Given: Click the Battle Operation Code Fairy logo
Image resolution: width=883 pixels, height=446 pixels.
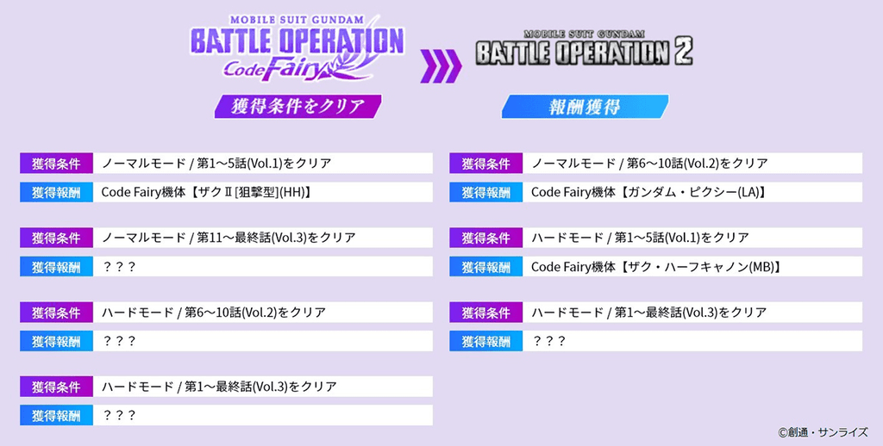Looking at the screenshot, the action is click(x=297, y=48).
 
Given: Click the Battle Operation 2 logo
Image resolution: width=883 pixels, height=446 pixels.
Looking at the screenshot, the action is click(x=584, y=48).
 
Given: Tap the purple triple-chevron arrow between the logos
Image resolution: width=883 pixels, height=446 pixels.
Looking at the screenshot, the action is click(x=441, y=65).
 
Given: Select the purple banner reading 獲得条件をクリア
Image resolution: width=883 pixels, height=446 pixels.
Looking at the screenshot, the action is click(x=297, y=106).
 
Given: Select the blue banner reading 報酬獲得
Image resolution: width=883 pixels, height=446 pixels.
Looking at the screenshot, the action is click(x=585, y=106).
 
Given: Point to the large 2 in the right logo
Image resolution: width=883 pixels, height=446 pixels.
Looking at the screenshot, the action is click(x=683, y=52).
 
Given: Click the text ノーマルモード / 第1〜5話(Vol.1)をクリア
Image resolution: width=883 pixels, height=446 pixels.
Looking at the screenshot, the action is click(x=216, y=164).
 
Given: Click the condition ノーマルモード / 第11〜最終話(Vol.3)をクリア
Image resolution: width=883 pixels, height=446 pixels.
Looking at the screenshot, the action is click(x=229, y=238).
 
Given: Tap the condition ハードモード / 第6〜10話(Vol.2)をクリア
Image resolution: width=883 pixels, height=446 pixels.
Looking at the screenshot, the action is click(x=214, y=313).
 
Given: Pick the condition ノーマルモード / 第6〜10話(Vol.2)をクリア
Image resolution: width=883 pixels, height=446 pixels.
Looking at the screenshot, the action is click(x=649, y=164).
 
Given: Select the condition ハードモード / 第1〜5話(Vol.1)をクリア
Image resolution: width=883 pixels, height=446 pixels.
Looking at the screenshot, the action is click(x=641, y=238).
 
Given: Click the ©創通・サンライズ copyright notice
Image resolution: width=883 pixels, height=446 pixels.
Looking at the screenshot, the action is click(x=824, y=432).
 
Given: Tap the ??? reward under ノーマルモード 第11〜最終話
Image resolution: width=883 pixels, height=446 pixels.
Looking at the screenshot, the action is click(x=119, y=267).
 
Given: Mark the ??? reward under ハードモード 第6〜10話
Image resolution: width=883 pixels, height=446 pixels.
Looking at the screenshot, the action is click(x=119, y=341).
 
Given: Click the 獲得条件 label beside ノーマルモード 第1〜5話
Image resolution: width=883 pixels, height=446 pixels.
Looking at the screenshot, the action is click(x=56, y=164).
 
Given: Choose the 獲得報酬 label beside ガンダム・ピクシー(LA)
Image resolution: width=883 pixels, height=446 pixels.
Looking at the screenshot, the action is click(x=486, y=192).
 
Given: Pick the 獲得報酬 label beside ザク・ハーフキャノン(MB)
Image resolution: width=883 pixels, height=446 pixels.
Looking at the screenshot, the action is click(x=486, y=267).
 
